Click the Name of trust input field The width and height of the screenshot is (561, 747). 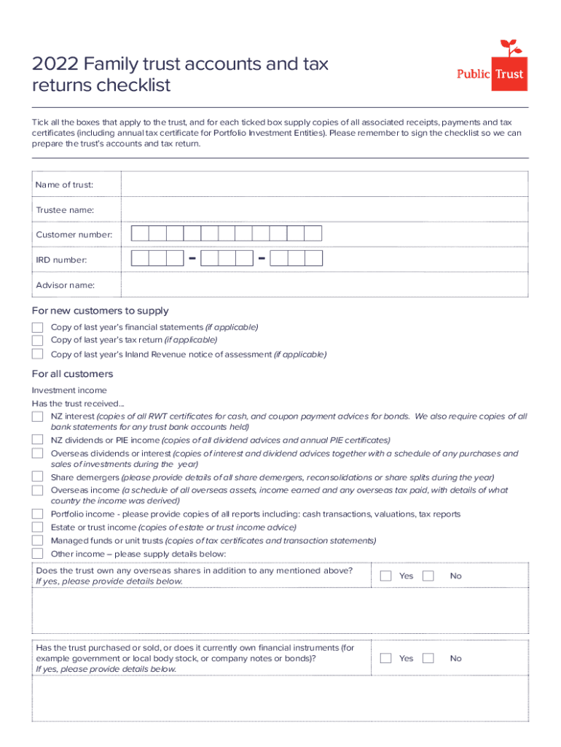(x=324, y=185)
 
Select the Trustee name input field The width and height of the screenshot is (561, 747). (x=324, y=209)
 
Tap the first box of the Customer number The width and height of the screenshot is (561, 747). (x=140, y=233)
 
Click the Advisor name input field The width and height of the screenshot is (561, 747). (x=324, y=285)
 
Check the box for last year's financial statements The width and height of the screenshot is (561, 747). (x=37, y=328)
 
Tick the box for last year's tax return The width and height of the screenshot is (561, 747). (x=37, y=340)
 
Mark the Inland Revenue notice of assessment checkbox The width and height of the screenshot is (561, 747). (x=37, y=355)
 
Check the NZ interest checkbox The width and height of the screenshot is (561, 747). (x=37, y=417)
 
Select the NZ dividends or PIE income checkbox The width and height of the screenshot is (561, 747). (x=37, y=440)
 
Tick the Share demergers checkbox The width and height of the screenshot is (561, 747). (x=37, y=477)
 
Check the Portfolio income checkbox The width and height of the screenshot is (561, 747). (x=37, y=514)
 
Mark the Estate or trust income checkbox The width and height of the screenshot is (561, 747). (x=37, y=527)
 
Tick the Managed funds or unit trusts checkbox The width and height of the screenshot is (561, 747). (x=37, y=541)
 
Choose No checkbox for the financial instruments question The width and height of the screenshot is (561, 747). (x=428, y=659)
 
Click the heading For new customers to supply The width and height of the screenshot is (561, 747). (x=101, y=311)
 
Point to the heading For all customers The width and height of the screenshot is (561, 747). (x=73, y=374)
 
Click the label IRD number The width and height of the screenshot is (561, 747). (x=61, y=260)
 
